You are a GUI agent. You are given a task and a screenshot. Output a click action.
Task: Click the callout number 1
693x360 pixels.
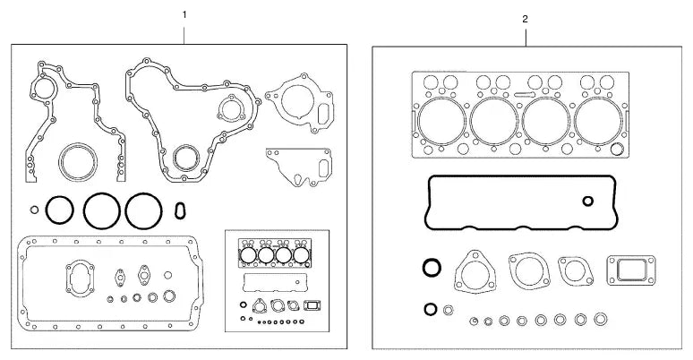coord(184,14)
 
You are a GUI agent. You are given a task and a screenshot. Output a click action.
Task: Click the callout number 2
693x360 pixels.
coord(525,19)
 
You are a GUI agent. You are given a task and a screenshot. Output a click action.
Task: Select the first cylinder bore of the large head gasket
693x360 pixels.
coord(441,121)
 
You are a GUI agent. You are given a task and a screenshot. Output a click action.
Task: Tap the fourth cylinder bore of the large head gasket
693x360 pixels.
coord(599,121)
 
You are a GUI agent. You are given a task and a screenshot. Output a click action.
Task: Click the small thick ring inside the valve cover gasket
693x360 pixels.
coord(588,201)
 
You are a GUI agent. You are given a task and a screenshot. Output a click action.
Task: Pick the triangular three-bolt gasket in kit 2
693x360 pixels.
coord(475,271)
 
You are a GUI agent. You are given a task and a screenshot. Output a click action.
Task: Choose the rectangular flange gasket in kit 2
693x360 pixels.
coord(631,270)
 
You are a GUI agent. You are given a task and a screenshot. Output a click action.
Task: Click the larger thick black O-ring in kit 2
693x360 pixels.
coord(432,268)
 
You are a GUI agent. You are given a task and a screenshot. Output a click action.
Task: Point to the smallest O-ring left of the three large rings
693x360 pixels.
coord(35,210)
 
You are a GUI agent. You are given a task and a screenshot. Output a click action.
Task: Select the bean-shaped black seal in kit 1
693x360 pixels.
coord(180,210)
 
